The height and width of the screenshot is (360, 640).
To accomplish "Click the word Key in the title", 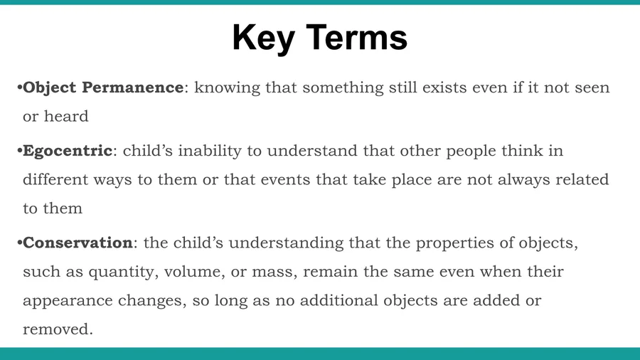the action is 264,38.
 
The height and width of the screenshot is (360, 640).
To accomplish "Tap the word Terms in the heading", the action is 356,37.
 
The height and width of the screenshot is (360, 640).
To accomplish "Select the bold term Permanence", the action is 133,88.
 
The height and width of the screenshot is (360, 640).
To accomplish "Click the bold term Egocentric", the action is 68,151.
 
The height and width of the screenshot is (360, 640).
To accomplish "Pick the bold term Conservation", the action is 78,243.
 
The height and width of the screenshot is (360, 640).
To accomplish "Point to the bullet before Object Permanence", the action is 20,88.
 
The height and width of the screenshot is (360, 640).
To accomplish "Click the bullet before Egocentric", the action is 20,151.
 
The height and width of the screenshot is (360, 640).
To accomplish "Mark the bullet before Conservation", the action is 20,243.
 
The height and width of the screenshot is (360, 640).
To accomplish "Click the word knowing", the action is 227,88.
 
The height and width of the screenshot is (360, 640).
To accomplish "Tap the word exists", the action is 444,88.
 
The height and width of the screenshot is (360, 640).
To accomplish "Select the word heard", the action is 66,117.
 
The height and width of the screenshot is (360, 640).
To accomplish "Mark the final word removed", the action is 58,329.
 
